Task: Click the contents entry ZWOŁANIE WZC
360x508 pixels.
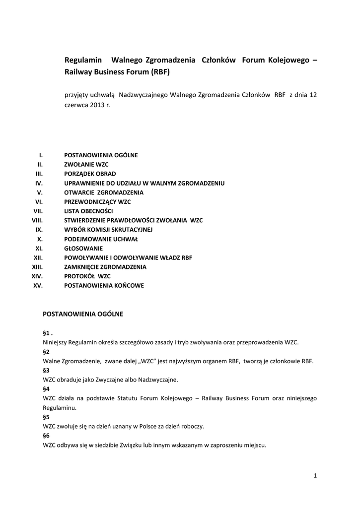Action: click(x=86, y=165)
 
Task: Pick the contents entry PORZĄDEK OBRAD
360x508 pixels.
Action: click(x=90, y=174)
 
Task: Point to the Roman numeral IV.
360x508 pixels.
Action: click(x=39, y=184)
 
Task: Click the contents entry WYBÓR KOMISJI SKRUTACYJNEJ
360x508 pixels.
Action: click(x=108, y=230)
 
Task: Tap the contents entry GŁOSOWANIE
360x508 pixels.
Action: click(x=83, y=248)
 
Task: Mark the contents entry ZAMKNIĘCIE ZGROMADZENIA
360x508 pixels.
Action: click(x=105, y=267)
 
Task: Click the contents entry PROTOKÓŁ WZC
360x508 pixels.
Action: click(x=87, y=276)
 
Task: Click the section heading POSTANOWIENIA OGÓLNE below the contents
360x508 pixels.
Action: click(x=83, y=314)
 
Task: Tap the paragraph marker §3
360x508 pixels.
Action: click(x=46, y=370)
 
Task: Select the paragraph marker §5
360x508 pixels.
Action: click(x=46, y=417)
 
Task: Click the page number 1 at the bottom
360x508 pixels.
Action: click(x=315, y=476)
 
